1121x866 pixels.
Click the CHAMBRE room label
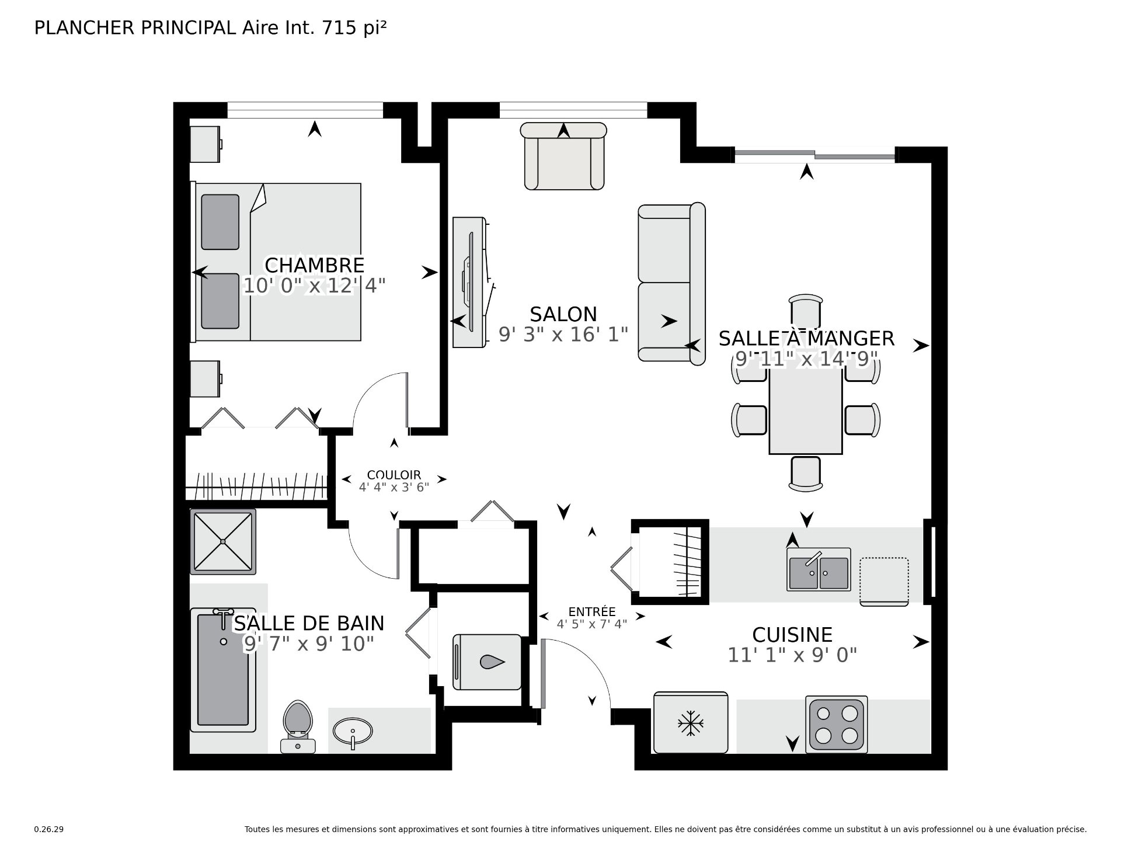coord(314,265)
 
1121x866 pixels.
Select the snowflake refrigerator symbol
coord(690,723)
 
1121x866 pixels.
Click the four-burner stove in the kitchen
coord(835,724)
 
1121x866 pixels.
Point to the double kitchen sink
coord(819,570)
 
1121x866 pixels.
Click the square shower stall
coord(223,541)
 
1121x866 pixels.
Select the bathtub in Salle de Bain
coord(223,668)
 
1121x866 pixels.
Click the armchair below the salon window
coord(563,156)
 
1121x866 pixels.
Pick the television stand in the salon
coord(469,283)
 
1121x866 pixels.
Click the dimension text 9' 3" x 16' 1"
coord(563,335)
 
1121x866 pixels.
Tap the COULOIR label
coord(394,475)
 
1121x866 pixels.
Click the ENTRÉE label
coord(591,612)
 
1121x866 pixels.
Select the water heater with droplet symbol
coord(487,662)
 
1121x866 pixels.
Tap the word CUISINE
coord(792,635)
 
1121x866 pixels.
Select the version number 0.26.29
coord(48,829)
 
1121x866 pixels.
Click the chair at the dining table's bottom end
coord(806,473)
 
